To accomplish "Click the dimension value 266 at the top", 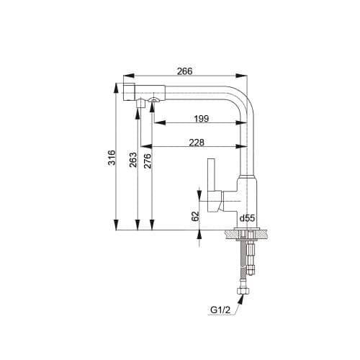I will (186, 71).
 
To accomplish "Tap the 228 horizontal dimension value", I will (196, 143).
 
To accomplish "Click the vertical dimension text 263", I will (133, 160).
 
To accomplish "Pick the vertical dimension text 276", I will (147, 160).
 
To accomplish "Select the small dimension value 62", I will (195, 215).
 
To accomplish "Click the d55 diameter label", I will (248, 217).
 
